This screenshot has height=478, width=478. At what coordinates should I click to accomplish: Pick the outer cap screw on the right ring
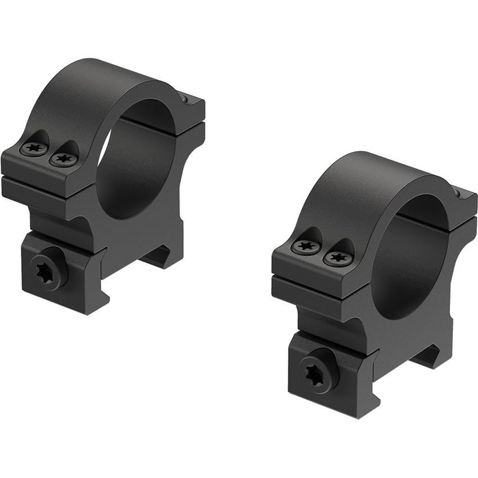click(x=304, y=247)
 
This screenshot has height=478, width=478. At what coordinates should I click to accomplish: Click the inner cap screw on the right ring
click(x=337, y=258)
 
